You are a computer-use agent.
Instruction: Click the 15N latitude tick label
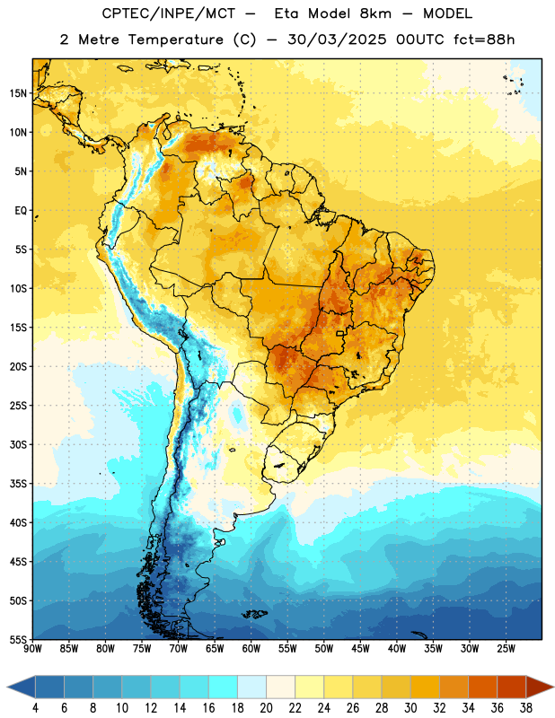18,93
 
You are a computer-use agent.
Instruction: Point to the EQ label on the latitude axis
21,211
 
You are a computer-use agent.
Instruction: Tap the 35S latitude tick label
18,484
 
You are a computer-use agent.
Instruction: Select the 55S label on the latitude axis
18,639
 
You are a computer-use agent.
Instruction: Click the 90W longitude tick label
32,648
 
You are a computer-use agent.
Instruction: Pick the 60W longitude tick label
251,648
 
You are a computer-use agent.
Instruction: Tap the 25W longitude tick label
506,648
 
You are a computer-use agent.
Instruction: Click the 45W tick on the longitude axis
360,648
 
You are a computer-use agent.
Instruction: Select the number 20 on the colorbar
266,708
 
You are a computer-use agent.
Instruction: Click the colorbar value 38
526,708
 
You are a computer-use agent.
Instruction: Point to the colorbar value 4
35,708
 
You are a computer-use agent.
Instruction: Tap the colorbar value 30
410,708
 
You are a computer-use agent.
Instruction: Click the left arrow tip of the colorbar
7,687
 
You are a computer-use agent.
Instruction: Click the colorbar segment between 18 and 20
252,687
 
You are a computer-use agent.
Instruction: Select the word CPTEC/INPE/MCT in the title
169,13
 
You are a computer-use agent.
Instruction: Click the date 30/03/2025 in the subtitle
337,39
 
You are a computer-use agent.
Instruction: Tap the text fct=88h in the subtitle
484,39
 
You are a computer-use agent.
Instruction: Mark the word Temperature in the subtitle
176,40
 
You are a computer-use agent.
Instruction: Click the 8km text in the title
375,13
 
